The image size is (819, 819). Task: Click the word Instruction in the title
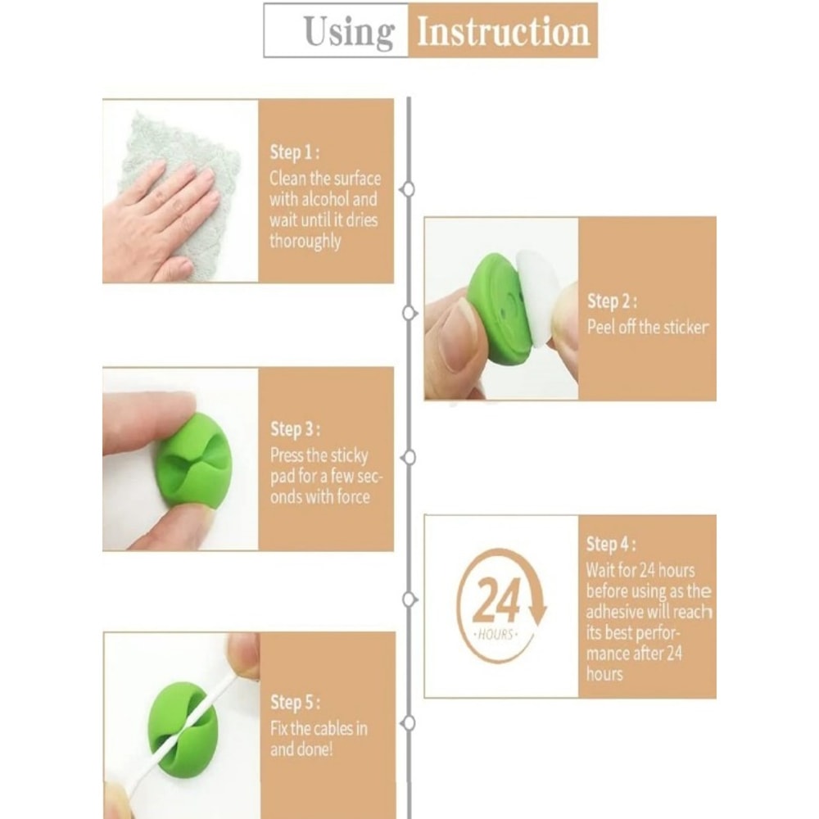tap(504, 31)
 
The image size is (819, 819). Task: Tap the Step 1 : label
tap(295, 152)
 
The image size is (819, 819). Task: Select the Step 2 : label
tap(612, 301)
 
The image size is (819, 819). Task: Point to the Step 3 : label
tap(295, 429)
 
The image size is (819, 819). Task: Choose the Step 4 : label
tap(611, 544)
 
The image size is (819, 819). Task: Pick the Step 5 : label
tap(295, 703)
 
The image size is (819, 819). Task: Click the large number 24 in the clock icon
tap(495, 600)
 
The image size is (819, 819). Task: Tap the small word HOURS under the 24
tap(495, 636)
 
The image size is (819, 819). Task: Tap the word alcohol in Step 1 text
tap(325, 199)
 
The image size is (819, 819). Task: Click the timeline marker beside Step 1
tap(409, 188)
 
